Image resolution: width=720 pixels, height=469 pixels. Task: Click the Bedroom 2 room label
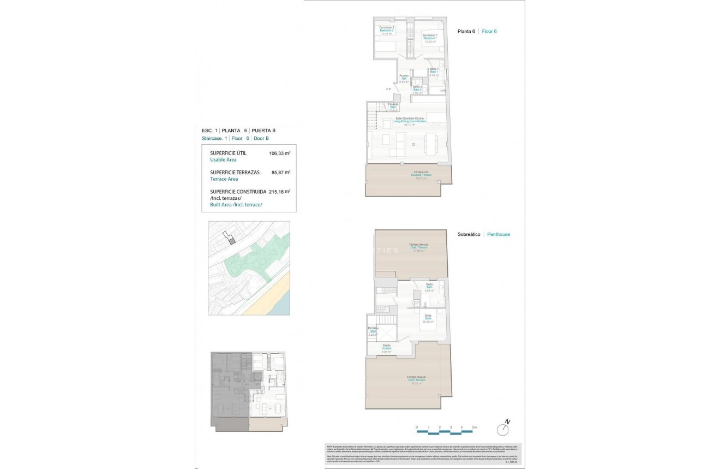(x=386, y=31)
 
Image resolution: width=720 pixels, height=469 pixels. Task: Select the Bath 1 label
(x=434, y=72)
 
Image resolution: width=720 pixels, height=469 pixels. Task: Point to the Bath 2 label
(x=417, y=89)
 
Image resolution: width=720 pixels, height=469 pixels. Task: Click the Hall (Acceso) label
(x=404, y=79)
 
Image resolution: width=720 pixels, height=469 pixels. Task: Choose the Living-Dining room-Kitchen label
(x=410, y=121)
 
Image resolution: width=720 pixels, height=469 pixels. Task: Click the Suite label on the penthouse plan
(x=428, y=318)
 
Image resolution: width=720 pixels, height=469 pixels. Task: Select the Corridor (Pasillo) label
(x=386, y=348)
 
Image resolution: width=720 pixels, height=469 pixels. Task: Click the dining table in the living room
(x=431, y=144)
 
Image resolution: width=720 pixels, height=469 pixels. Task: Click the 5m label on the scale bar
(x=474, y=427)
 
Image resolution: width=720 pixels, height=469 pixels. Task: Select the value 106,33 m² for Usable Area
(x=280, y=153)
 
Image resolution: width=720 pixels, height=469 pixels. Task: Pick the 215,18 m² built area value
(x=279, y=192)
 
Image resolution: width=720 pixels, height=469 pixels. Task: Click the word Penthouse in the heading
(x=499, y=234)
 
